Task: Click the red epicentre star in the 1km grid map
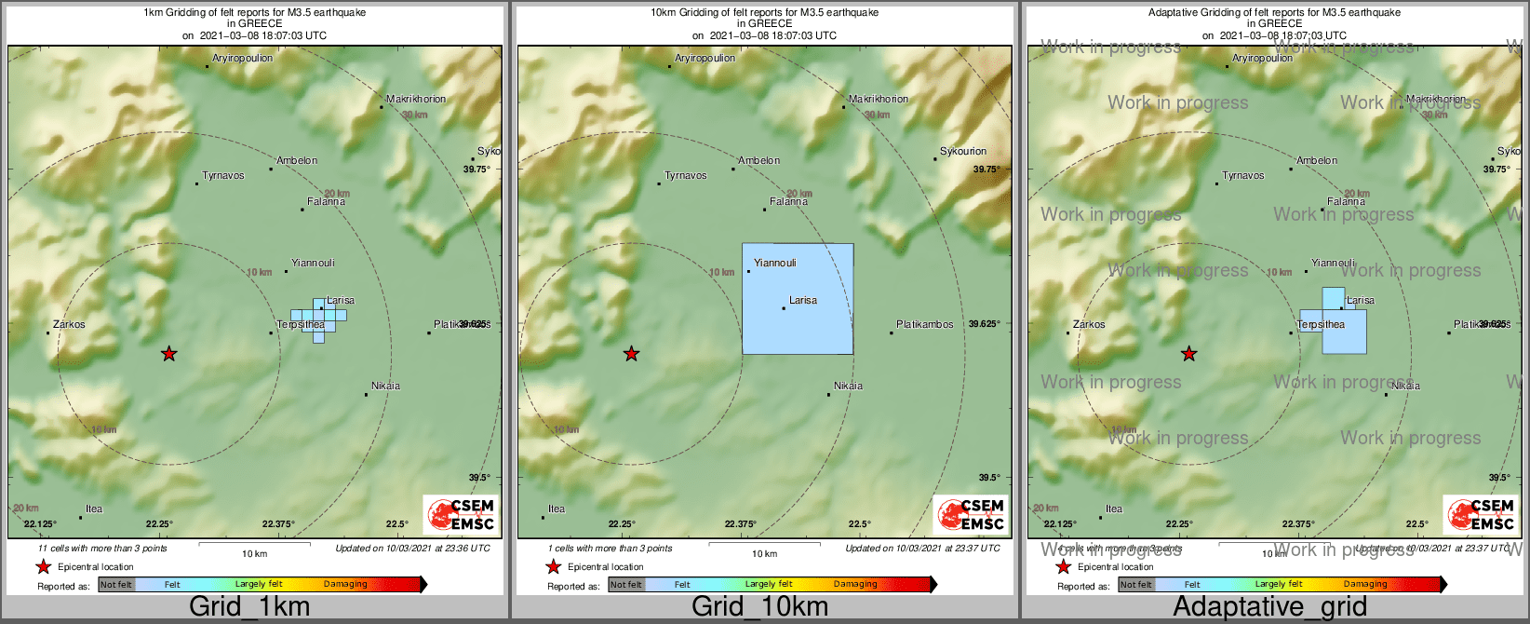(168, 354)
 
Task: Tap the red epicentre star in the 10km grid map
(631, 354)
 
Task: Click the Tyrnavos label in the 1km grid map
(223, 176)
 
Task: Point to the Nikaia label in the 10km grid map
(848, 386)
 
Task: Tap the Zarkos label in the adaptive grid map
(1089, 325)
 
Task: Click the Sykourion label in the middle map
(963, 151)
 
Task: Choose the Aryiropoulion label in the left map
(243, 58)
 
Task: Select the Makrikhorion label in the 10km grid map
(879, 99)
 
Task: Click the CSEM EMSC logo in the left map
(462, 514)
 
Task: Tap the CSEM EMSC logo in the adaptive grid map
(1481, 514)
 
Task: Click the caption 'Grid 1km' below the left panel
(249, 607)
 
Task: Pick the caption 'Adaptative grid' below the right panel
(1269, 607)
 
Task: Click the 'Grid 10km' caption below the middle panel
(759, 607)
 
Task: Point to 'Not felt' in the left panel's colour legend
(116, 585)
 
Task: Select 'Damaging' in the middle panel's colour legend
(855, 585)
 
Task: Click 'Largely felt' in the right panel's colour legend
(1279, 585)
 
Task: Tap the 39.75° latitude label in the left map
(476, 170)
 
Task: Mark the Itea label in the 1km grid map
(94, 509)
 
